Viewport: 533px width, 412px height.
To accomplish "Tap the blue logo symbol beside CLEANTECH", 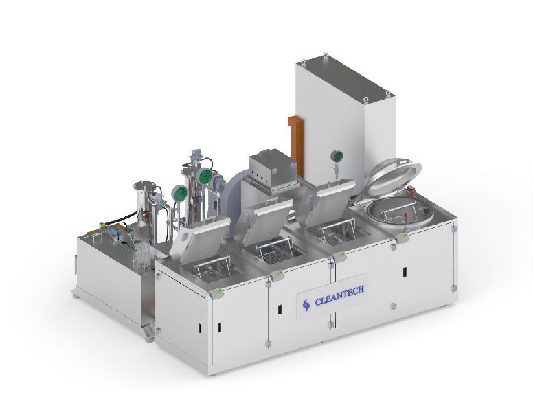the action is tap(306, 304).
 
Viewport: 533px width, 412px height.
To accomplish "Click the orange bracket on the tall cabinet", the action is tap(295, 146).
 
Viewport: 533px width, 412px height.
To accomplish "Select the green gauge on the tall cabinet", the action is tap(337, 157).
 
